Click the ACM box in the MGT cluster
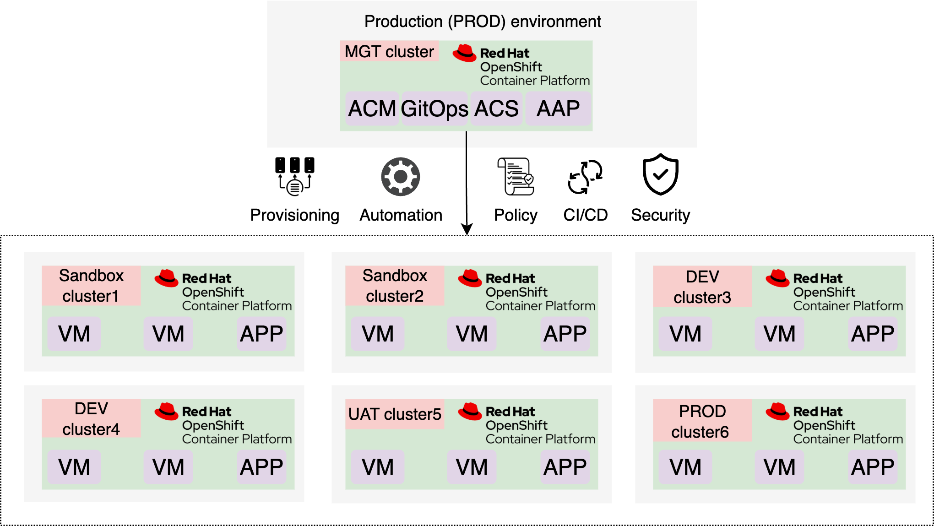(x=372, y=109)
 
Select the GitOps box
(x=434, y=109)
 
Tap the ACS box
(x=496, y=109)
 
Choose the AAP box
(x=558, y=109)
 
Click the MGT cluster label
(x=389, y=51)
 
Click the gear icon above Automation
(x=401, y=177)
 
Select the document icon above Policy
(x=516, y=176)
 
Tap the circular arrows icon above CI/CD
(x=585, y=177)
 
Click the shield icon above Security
(x=660, y=174)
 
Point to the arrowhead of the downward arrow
(x=467, y=229)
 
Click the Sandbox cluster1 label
(x=91, y=286)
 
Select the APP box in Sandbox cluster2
(x=565, y=334)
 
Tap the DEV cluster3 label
(x=702, y=287)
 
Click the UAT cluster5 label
(x=395, y=414)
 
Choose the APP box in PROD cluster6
(x=873, y=467)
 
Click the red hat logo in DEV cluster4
(x=166, y=412)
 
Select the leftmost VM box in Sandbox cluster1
(x=74, y=334)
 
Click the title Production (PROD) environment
(x=483, y=22)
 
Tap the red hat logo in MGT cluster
(x=464, y=53)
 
